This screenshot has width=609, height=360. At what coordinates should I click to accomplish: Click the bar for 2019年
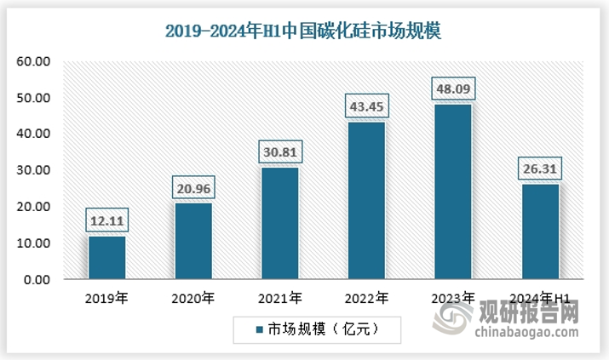coord(107,257)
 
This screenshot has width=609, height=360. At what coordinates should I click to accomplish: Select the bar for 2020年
coord(193,241)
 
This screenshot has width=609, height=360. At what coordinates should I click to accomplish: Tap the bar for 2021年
coord(280,223)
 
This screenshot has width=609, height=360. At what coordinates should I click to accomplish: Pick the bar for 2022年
coord(367,200)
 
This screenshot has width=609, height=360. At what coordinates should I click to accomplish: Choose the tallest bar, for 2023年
coord(453,191)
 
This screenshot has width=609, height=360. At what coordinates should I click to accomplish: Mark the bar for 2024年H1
coord(540,231)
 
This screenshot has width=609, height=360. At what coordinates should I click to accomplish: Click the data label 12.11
coord(107,221)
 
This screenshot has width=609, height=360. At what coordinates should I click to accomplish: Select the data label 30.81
coord(280,152)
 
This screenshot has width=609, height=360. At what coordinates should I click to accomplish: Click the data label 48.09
coord(453,89)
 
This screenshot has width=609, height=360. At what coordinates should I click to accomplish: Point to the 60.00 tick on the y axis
coord(35,61)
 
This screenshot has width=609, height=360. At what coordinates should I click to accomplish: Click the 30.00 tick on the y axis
coord(35,170)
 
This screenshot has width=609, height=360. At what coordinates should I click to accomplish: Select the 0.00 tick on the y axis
coord(38,279)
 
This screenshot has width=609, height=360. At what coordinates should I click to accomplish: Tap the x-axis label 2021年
coord(280,298)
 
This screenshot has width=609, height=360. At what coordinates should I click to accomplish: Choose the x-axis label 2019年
coord(107,298)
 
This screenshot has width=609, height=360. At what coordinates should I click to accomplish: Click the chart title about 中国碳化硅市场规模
coord(303,32)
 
